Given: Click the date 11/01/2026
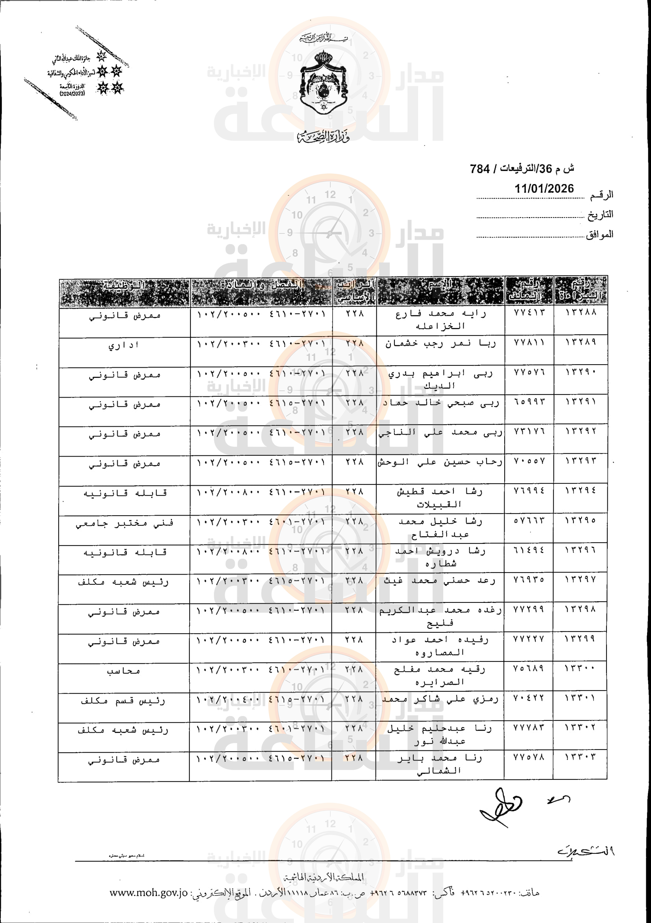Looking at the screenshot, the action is (x=544, y=188).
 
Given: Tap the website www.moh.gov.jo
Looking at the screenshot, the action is (x=148, y=893).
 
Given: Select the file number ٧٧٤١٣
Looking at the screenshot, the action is (x=529, y=312).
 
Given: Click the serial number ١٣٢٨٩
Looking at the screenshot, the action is (x=581, y=342).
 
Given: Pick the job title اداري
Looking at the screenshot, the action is (x=124, y=345).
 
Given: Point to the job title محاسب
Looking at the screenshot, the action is (x=124, y=671).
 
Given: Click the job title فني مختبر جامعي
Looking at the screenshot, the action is (x=124, y=523).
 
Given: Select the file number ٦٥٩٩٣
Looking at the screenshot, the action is (x=529, y=402).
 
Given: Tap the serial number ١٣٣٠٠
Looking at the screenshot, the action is (x=580, y=668).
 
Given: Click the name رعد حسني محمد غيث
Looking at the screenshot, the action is (x=440, y=581).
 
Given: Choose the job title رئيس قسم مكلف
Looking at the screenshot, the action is (x=123, y=701).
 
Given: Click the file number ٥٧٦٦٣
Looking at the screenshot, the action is (x=529, y=520).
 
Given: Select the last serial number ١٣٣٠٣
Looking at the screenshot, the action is (x=580, y=757).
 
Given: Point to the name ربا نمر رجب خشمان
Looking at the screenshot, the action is (x=440, y=344).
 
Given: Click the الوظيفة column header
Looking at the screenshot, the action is (x=124, y=286).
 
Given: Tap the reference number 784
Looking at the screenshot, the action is (x=480, y=169).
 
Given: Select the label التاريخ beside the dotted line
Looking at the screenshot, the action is (x=600, y=215).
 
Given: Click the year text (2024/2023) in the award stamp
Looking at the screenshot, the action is (x=72, y=94).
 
